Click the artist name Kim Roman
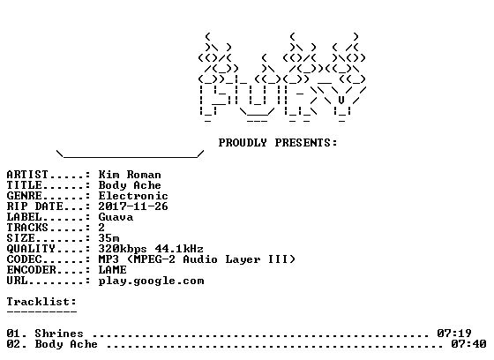(x=130, y=175)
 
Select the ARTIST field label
(x=27, y=175)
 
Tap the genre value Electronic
(x=133, y=196)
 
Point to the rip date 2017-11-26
(x=133, y=206)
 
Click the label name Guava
(x=116, y=217)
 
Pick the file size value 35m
(x=109, y=238)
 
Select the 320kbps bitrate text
(x=123, y=249)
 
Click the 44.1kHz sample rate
(x=179, y=249)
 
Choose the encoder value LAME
(x=113, y=270)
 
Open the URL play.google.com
(x=151, y=281)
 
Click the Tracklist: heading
(x=41, y=302)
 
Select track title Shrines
(x=59, y=334)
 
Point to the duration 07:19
(x=454, y=334)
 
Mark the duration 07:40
(x=468, y=344)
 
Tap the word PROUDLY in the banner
(x=243, y=143)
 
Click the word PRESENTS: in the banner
(x=306, y=143)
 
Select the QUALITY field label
(x=31, y=249)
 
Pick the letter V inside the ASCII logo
(x=341, y=101)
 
